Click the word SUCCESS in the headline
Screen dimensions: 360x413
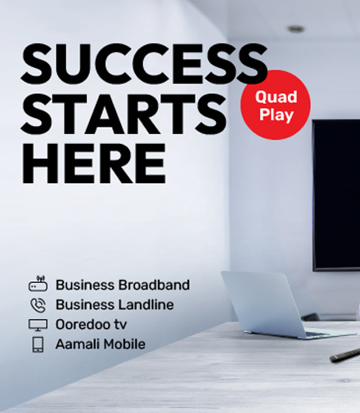click(x=144, y=64)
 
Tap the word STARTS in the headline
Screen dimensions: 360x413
click(x=124, y=114)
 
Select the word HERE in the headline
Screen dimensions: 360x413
click(x=94, y=163)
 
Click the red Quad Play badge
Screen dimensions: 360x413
click(x=276, y=105)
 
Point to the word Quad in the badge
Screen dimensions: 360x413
click(x=276, y=97)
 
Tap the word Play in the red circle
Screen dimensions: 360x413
click(x=276, y=114)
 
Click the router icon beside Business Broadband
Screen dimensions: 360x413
click(x=38, y=284)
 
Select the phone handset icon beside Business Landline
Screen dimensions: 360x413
click(x=38, y=305)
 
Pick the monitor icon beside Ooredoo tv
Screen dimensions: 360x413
click(x=38, y=325)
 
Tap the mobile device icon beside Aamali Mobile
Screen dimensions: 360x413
click(x=38, y=344)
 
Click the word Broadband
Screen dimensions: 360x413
click(x=154, y=285)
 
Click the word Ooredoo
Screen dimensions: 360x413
click(x=83, y=325)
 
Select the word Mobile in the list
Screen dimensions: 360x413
click(x=124, y=344)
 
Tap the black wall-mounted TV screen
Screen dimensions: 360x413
click(x=336, y=195)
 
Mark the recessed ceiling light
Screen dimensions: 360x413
click(x=296, y=29)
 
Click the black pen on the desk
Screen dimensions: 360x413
click(x=345, y=355)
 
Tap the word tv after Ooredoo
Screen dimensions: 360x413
click(x=120, y=325)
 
